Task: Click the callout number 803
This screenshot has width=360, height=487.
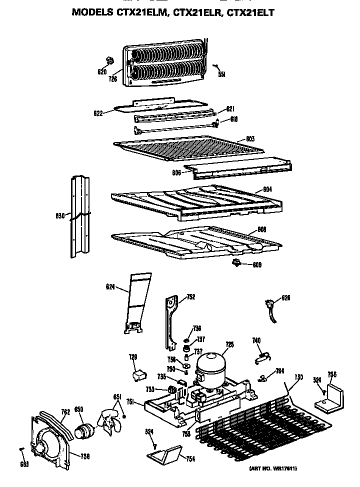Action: pyautogui.click(x=250, y=139)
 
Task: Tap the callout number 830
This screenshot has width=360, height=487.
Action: pyautogui.click(x=59, y=215)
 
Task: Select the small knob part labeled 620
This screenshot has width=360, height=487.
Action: pyautogui.click(x=107, y=61)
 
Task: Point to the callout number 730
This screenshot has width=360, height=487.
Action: pyautogui.click(x=298, y=376)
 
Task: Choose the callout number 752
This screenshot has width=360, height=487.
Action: pyautogui.click(x=190, y=297)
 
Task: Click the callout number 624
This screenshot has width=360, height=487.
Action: pyautogui.click(x=110, y=286)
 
